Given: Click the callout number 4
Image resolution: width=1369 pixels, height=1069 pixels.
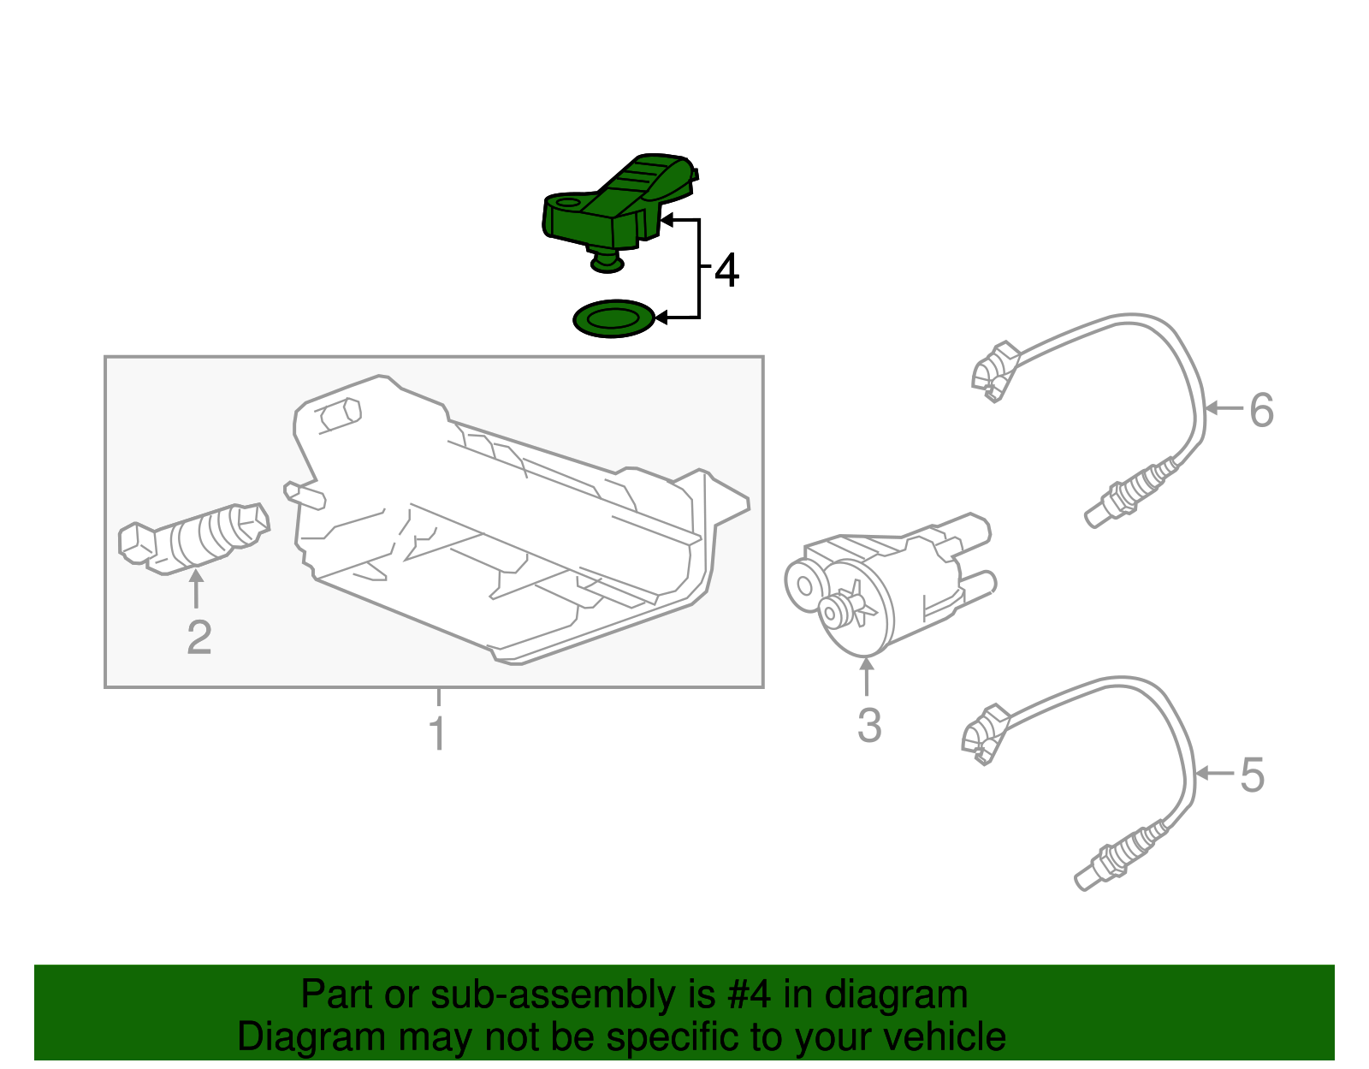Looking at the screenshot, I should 726,270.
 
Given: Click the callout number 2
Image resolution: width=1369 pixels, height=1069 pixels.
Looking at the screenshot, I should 199,638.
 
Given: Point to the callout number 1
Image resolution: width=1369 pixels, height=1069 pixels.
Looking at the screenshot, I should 437,733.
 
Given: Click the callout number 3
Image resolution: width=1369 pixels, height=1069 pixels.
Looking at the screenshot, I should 868,725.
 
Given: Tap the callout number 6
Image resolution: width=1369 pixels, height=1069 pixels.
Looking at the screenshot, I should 1261,410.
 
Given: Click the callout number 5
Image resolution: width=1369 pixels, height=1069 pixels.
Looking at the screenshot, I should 1251,775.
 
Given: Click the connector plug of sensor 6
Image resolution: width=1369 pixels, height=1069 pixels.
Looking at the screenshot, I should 994,371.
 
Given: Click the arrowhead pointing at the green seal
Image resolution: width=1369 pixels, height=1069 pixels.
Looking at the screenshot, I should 661,318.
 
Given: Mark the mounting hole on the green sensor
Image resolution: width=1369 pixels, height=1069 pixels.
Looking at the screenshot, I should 567,203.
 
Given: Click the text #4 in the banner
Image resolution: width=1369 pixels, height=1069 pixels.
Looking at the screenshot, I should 750,995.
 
